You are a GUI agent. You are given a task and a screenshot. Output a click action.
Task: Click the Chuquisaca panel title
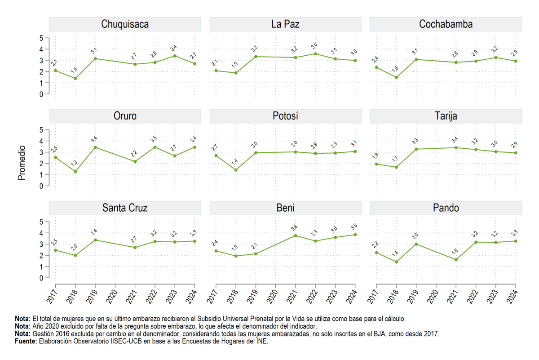(125, 24)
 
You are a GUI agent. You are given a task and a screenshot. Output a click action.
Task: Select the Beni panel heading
(285, 208)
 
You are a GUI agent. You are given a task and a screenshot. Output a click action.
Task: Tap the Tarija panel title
(446, 116)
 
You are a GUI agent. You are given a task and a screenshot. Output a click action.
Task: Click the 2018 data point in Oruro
(75, 171)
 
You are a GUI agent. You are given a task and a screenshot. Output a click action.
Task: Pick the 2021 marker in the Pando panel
(456, 260)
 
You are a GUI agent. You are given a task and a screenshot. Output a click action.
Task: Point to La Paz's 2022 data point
(315, 53)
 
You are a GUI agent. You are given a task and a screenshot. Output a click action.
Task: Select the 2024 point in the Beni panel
(355, 235)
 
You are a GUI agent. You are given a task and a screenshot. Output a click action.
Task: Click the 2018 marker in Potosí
(236, 170)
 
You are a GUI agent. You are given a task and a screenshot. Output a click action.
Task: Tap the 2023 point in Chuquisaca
(175, 56)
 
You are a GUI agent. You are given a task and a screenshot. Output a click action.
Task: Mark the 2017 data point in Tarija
(376, 164)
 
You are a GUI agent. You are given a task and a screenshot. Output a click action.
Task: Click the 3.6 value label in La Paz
(314, 46)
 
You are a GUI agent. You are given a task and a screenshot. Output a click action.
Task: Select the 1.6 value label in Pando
(455, 252)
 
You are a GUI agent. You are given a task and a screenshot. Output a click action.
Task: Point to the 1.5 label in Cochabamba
(395, 69)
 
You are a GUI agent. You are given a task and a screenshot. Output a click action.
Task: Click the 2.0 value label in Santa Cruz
(74, 247)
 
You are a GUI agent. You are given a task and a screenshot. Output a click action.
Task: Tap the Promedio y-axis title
(22, 163)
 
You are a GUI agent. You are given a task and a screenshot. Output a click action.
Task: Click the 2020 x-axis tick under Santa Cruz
(112, 297)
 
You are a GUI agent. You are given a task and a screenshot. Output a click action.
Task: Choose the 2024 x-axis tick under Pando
(512, 297)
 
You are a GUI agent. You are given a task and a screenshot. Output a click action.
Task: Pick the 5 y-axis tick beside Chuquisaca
(41, 38)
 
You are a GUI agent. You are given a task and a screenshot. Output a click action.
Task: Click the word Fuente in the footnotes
(26, 341)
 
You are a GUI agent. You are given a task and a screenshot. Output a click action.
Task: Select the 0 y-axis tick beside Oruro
(41, 186)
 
